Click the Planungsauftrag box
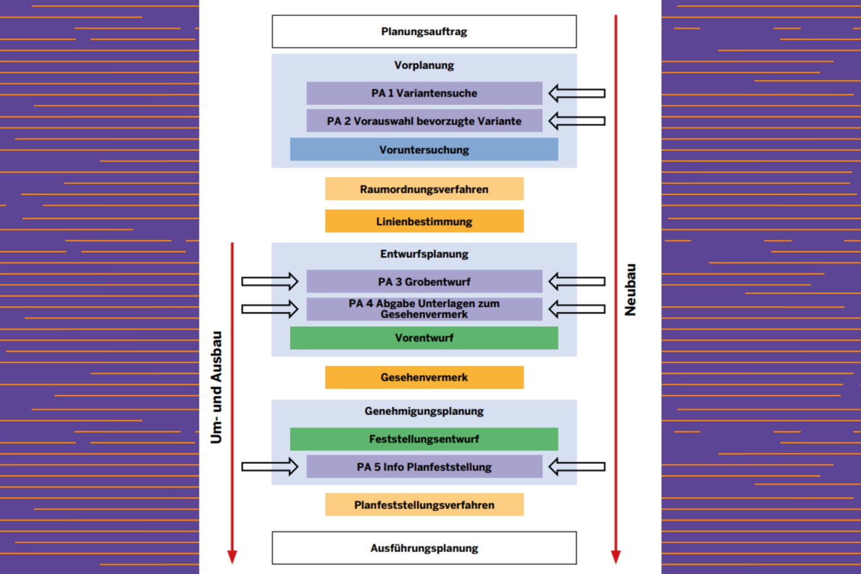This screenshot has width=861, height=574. pyautogui.click(x=424, y=31)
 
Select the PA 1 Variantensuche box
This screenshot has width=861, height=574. pyautogui.click(x=424, y=93)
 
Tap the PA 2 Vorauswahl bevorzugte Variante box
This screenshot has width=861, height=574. pyautogui.click(x=424, y=121)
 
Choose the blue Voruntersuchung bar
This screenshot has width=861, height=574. pyautogui.click(x=424, y=149)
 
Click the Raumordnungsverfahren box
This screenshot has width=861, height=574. pyautogui.click(x=424, y=189)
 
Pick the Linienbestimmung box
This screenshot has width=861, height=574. pyautogui.click(x=424, y=221)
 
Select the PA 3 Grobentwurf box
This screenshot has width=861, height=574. pyautogui.click(x=424, y=281)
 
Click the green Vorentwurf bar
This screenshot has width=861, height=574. pyautogui.click(x=424, y=338)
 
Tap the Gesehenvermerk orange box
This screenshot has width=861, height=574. pyautogui.click(x=424, y=378)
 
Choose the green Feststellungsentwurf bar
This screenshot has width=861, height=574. pyautogui.click(x=424, y=439)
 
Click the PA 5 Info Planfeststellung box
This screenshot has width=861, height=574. pyautogui.click(x=424, y=467)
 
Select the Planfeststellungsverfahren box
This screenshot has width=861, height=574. pyautogui.click(x=424, y=504)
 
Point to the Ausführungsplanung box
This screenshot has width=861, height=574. pyautogui.click(x=424, y=548)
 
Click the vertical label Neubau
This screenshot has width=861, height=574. pyautogui.click(x=630, y=290)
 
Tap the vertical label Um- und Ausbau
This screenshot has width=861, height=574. pyautogui.click(x=216, y=388)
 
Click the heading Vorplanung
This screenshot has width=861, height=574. pyautogui.click(x=424, y=65)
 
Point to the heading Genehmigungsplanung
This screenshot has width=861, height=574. pyautogui.click(x=424, y=412)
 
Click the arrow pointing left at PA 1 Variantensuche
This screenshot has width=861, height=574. pyautogui.click(x=577, y=94)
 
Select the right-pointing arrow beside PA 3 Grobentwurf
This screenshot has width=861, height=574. pyautogui.click(x=270, y=281)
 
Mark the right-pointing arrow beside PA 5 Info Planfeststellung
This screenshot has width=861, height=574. pyautogui.click(x=270, y=467)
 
